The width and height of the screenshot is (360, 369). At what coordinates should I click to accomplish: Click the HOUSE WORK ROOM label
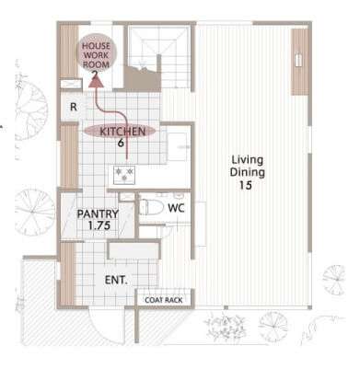pyautogui.click(x=96, y=55)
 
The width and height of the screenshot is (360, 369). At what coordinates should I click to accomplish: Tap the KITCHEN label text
pyautogui.click(x=122, y=132)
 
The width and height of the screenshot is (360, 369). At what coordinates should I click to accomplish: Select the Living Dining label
pyautogui.click(x=248, y=166)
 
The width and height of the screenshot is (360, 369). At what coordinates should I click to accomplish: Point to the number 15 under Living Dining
pyautogui.click(x=246, y=185)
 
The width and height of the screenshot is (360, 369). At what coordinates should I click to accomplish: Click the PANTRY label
pyautogui.click(x=98, y=213)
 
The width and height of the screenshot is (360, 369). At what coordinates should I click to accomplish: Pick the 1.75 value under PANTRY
pyautogui.click(x=99, y=225)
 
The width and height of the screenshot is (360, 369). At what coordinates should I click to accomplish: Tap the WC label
pyautogui.click(x=177, y=208)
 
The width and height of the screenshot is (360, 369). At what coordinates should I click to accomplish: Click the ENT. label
pyautogui.click(x=116, y=280)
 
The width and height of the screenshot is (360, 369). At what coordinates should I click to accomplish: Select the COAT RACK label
pyautogui.click(x=164, y=300)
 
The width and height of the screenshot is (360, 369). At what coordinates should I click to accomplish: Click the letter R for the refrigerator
pyautogui.click(x=74, y=107)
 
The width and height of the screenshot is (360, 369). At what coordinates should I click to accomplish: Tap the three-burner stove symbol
pyautogui.click(x=124, y=175)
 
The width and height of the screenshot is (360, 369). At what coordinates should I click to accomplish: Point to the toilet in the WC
pyautogui.click(x=151, y=207)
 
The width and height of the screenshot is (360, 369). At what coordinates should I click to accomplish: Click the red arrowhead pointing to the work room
pyautogui.click(x=97, y=82)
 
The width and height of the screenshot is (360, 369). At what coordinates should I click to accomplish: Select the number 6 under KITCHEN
pyautogui.click(x=122, y=143)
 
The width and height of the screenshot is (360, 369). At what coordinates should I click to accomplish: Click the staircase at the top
pyautogui.click(x=159, y=58)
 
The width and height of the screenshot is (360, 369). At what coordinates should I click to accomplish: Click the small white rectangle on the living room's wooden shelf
pyautogui.click(x=298, y=60)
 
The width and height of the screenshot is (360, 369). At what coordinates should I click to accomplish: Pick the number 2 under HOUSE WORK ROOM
pyautogui.click(x=96, y=74)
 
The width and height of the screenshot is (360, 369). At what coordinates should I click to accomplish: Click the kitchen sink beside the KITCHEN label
pyautogui.click(x=178, y=146)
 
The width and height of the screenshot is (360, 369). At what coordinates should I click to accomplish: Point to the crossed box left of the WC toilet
pyautogui.click(x=126, y=197)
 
